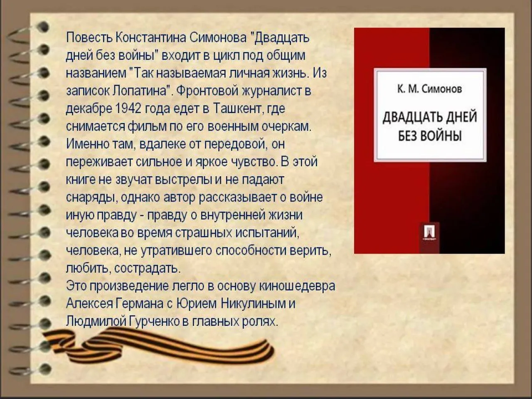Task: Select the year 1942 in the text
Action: [126, 109]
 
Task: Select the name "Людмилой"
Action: [89, 322]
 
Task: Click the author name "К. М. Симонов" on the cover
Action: [429, 89]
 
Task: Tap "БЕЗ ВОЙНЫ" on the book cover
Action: [430, 136]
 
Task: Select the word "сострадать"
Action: [147, 268]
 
